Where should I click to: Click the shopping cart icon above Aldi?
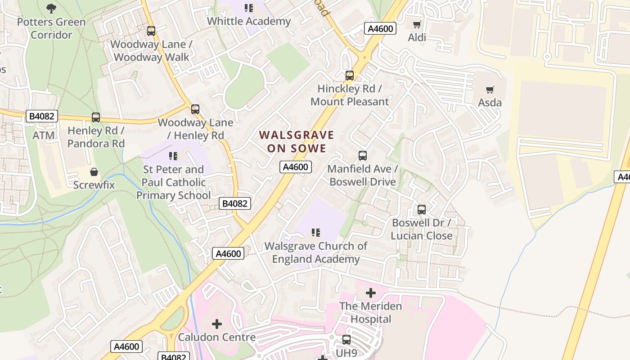417,24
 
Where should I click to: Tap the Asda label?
490,103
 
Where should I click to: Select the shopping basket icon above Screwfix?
94,172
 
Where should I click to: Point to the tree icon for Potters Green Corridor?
51,8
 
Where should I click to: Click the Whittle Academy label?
249,21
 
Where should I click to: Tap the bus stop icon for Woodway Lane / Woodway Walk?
151,31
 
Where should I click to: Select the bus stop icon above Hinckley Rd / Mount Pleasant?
350,76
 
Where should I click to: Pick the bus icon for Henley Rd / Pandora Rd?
96,117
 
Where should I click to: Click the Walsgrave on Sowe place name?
297,141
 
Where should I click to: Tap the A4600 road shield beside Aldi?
380,29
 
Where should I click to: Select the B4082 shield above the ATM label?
42,117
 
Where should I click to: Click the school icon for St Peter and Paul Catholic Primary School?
173,156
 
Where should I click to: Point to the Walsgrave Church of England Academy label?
315,252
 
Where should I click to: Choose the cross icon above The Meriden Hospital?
370,293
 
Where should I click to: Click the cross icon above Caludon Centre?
217,324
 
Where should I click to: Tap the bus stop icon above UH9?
346,340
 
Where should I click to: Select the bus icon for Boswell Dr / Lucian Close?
422,210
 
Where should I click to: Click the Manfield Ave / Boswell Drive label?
363,175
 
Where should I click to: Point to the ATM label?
44,135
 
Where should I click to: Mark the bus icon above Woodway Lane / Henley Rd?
195,109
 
